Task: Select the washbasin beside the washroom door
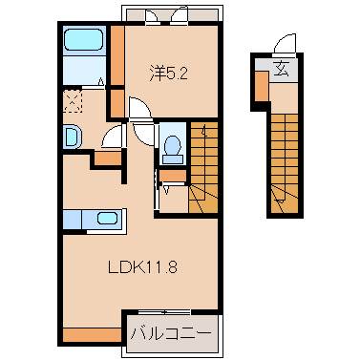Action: (73, 137)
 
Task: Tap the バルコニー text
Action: (171, 335)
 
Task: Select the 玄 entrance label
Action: (282, 69)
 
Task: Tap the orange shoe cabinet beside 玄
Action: (262, 85)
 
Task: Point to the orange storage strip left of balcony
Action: (92, 335)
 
